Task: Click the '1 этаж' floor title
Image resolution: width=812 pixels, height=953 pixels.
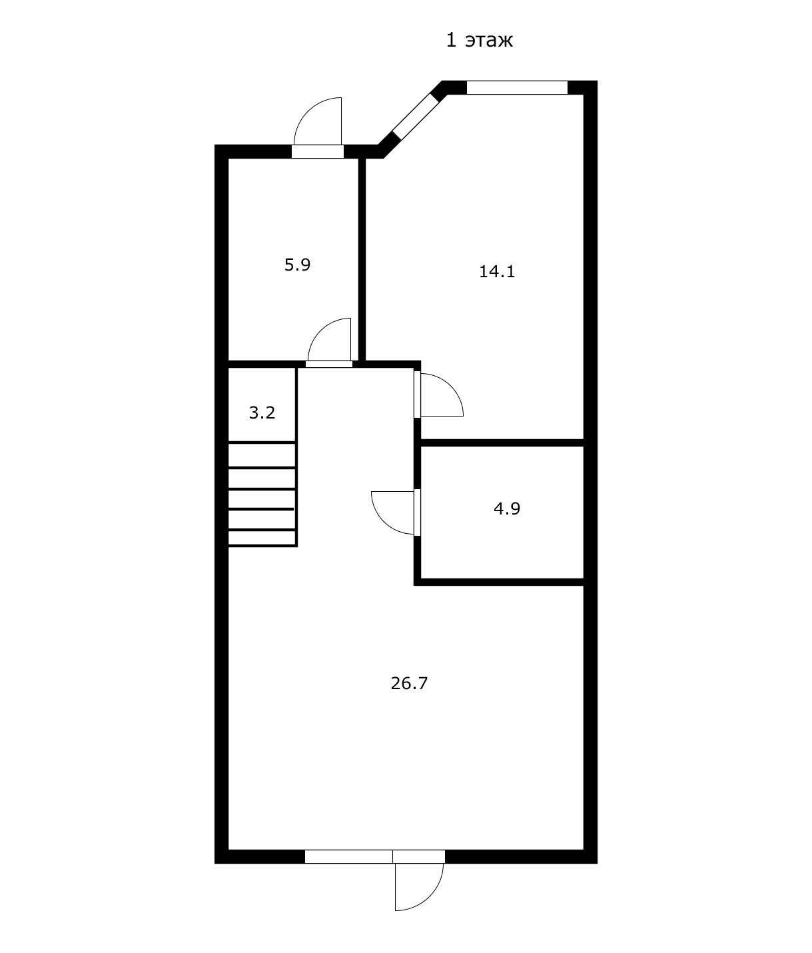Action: [479, 40]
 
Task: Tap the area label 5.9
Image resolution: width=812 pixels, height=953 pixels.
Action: [297, 265]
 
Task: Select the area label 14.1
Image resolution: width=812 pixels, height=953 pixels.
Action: [497, 271]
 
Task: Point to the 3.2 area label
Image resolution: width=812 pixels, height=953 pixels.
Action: [262, 413]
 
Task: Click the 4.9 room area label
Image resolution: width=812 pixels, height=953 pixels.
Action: [507, 508]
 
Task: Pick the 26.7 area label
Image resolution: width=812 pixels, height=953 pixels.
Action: [409, 683]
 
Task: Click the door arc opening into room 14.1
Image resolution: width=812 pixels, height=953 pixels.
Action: [451, 387]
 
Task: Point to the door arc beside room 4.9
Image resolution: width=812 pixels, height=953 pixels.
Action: [384, 522]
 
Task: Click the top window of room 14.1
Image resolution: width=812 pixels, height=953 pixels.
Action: [517, 87]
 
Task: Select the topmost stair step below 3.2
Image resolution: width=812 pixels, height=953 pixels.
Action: [262, 455]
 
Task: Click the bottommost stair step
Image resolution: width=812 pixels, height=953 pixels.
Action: [262, 538]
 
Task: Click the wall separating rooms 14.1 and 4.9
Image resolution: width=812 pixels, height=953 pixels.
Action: [502, 443]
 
